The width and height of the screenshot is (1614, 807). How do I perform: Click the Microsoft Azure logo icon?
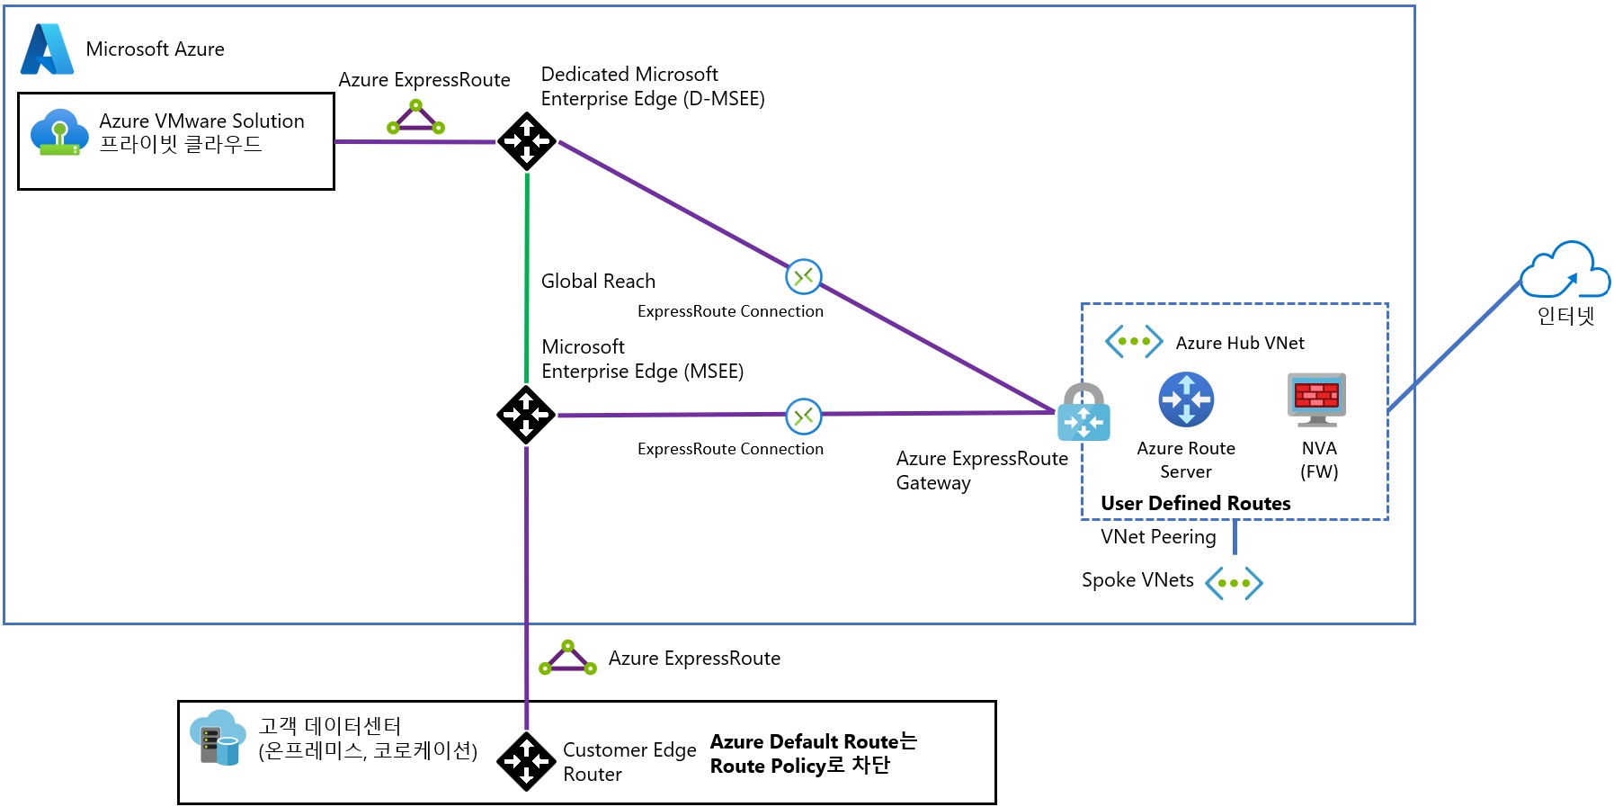pyautogui.click(x=47, y=49)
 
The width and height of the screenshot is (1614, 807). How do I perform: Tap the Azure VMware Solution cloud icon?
pyautogui.click(x=59, y=132)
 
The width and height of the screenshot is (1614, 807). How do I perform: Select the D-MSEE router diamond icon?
pyautogui.click(x=526, y=141)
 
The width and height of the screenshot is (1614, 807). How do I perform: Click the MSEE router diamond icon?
pyautogui.click(x=526, y=415)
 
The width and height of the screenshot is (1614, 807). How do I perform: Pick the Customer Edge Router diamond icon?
pyautogui.click(x=526, y=761)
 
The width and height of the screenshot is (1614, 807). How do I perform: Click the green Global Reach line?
pyautogui.click(x=527, y=279)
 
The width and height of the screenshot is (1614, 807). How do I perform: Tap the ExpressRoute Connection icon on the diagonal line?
pyautogui.click(x=804, y=276)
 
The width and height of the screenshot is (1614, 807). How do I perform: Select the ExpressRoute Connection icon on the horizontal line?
pyautogui.click(x=804, y=416)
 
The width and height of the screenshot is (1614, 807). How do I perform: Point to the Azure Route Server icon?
pyautogui.click(x=1186, y=399)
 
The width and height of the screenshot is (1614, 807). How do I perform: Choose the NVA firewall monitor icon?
pyautogui.click(x=1317, y=399)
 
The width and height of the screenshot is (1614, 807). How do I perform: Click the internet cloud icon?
pyautogui.click(x=1565, y=270)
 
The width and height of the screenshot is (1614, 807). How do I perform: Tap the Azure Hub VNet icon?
pyautogui.click(x=1134, y=342)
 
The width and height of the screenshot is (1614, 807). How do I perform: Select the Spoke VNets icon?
pyautogui.click(x=1234, y=583)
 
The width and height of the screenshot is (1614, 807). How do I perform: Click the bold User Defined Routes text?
pyautogui.click(x=1195, y=504)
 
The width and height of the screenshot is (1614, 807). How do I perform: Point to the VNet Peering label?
pyautogui.click(x=1158, y=537)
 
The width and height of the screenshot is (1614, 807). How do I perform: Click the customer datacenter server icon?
pyautogui.click(x=218, y=738)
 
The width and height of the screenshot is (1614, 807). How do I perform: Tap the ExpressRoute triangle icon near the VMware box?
pyautogui.click(x=415, y=118)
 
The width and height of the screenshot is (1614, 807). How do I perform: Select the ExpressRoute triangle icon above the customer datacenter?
pyautogui.click(x=567, y=659)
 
